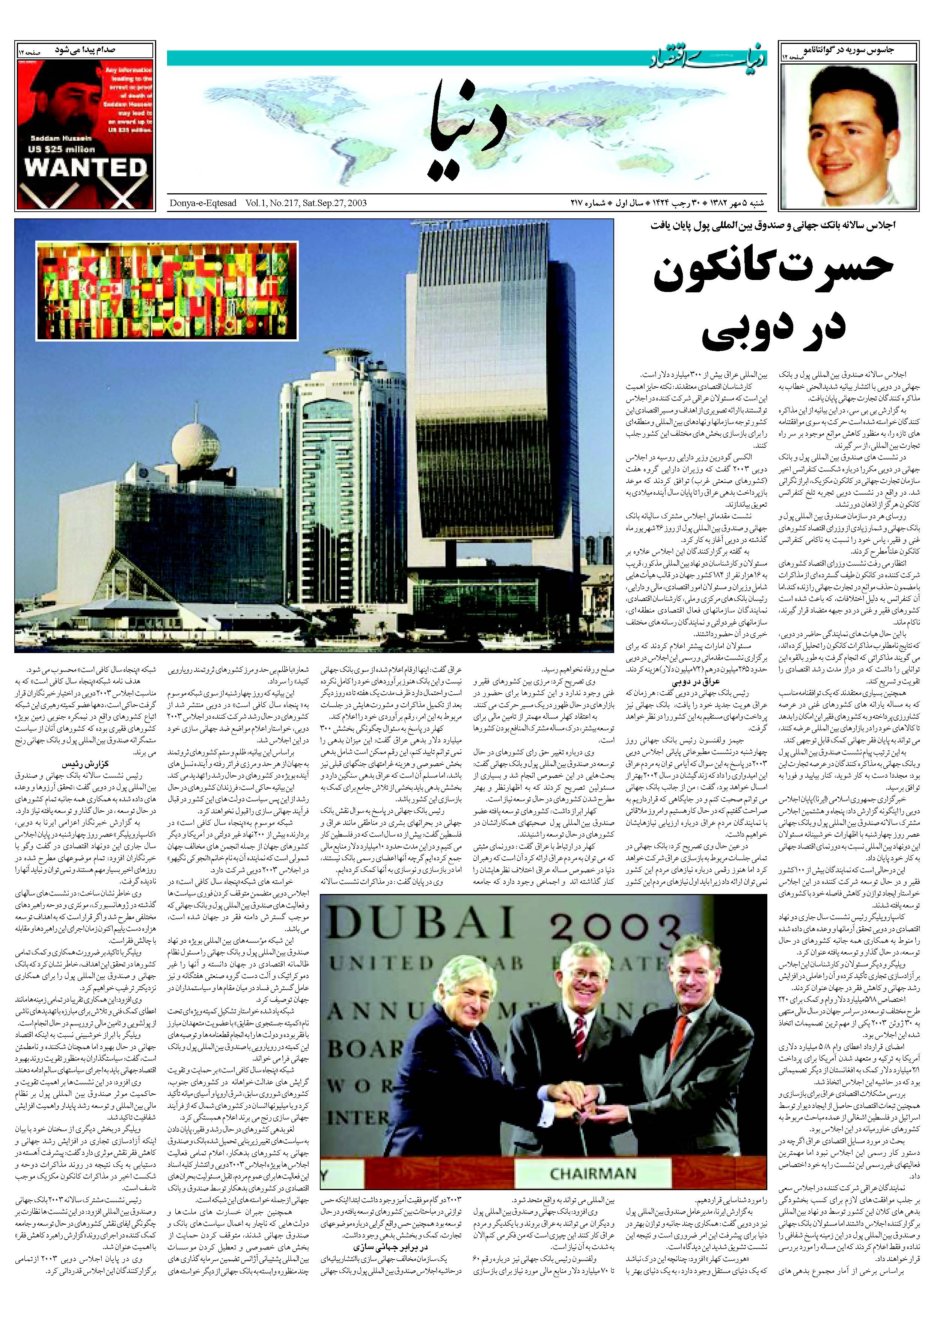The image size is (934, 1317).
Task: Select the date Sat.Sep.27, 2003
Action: [331, 203]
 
